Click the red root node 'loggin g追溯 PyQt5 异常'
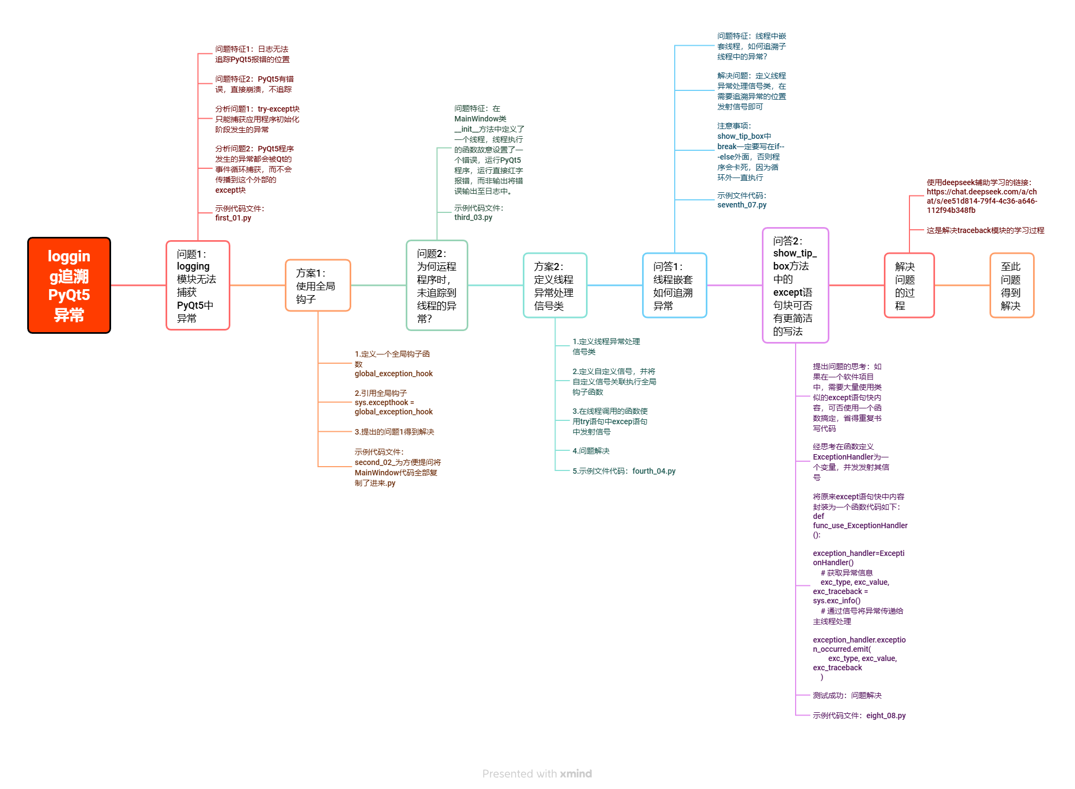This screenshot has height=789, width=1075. coord(69,285)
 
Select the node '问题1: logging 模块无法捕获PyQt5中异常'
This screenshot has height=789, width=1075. coord(198,285)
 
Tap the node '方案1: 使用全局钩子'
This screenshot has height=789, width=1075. coord(318,285)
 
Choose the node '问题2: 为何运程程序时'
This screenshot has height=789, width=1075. coord(437,285)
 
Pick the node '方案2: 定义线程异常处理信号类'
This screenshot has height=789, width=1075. coord(555,285)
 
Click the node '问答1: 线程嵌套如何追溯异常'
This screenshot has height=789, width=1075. coord(674,285)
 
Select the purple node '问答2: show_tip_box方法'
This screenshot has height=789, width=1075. coord(795,285)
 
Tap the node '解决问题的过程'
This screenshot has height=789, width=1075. coord(909,285)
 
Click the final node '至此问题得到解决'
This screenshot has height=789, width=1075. coord(1011,285)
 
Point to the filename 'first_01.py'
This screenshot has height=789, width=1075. coord(233,218)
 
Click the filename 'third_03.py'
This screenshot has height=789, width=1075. coord(473,217)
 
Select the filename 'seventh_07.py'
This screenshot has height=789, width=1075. coord(742,205)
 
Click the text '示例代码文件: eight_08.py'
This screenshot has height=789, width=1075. coord(859,715)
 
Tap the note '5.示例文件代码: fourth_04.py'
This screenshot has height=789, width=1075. coord(624,471)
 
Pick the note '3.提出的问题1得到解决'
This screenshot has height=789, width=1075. coord(394,432)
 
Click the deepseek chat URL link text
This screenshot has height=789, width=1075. coord(981,201)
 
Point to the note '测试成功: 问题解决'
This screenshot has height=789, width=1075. coord(847,695)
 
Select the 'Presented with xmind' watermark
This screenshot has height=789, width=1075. coord(537,774)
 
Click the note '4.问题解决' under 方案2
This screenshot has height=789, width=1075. coord(591,451)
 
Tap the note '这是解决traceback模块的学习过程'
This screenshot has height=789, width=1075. coord(985,230)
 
